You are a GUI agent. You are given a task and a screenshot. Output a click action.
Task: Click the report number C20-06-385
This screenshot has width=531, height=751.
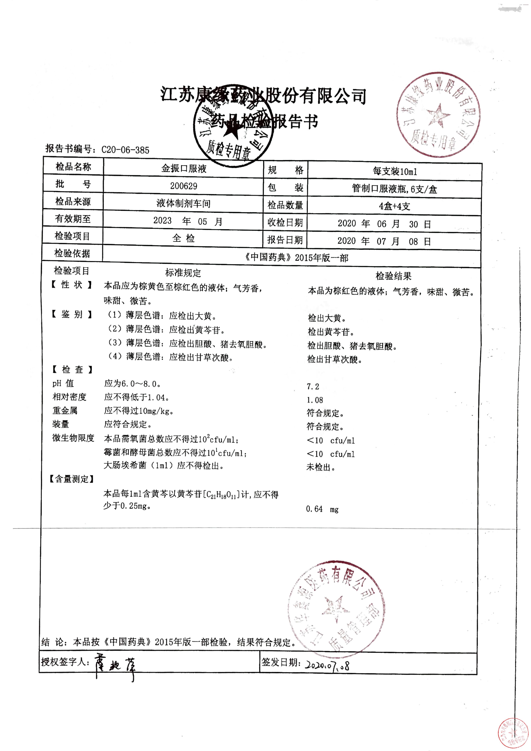click(125, 150)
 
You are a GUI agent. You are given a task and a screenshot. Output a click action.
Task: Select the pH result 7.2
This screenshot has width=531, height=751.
click(313, 387)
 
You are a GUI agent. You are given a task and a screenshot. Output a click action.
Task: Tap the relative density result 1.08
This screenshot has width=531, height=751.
click(315, 400)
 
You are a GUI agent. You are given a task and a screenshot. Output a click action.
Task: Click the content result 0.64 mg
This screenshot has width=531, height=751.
click(322, 509)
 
